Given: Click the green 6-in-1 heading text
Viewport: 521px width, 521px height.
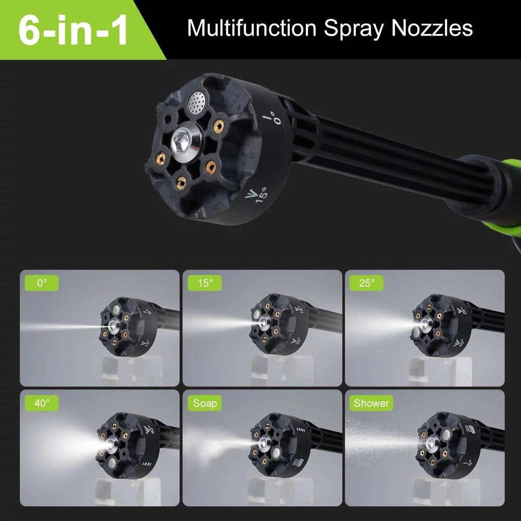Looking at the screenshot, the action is click(73, 29).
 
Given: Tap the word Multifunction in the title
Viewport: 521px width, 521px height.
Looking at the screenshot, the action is click(252, 28).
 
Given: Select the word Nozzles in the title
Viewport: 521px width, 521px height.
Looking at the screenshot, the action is click(431, 28).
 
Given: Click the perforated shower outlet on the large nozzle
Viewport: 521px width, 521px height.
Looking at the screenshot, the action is click(197, 102).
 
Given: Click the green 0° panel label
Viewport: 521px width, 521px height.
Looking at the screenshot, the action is click(42, 283).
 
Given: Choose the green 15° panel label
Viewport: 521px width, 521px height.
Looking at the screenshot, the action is click(205, 283).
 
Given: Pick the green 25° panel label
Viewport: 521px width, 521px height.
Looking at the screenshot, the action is click(366, 283).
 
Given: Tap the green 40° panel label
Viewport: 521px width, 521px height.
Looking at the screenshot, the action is click(42, 403).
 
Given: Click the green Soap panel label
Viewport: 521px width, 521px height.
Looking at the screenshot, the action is click(205, 403).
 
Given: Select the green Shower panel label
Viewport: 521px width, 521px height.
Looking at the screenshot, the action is click(371, 403).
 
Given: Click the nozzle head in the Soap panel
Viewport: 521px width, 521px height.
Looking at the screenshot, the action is click(279, 445).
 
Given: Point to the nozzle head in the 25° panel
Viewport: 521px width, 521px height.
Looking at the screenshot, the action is click(441, 326).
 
